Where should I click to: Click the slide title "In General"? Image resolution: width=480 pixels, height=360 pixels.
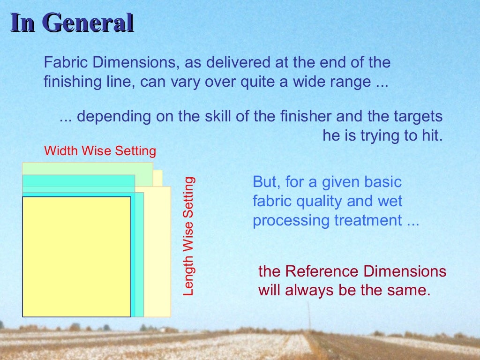(x=72, y=23)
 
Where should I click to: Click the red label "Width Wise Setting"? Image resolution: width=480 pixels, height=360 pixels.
(x=100, y=151)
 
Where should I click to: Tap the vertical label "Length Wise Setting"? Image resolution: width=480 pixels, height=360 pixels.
(x=188, y=236)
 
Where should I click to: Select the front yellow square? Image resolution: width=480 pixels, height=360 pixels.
(x=76, y=256)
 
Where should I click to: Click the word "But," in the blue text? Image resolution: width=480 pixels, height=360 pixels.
(x=266, y=182)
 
